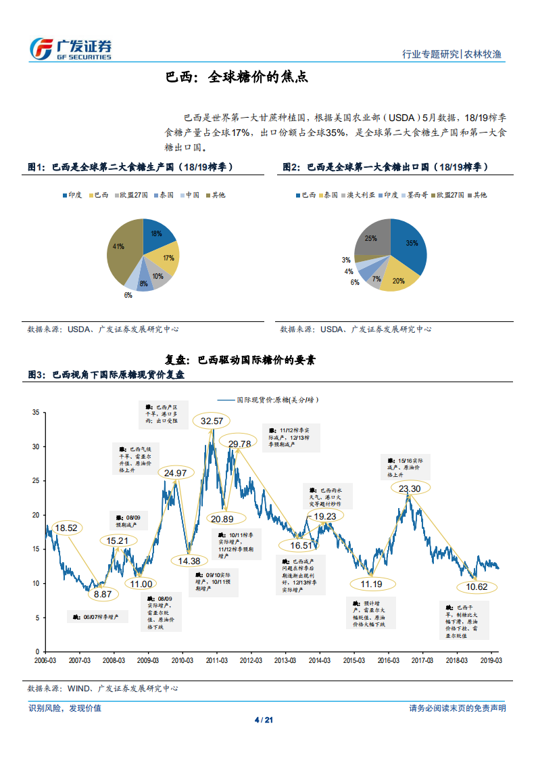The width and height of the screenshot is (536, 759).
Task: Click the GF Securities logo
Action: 71,48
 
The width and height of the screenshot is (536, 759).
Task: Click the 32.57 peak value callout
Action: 212,421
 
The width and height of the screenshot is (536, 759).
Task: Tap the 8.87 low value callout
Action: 103,594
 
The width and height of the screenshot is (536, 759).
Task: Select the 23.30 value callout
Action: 410,488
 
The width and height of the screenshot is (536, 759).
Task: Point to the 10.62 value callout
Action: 477,586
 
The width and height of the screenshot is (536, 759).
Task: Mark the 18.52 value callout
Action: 68,528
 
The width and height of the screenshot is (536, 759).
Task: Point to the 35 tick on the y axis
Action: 36,412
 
